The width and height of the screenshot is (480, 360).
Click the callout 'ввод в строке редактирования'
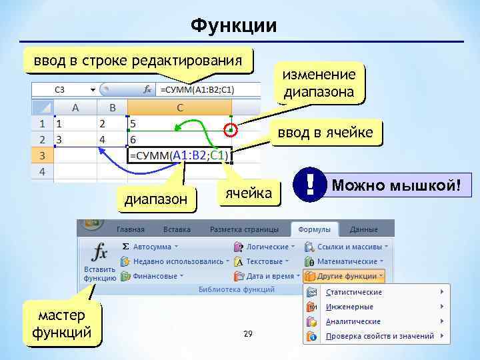(x=139, y=61)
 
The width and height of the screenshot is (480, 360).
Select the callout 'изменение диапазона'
(x=319, y=83)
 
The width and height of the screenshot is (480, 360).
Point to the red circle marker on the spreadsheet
(x=230, y=130)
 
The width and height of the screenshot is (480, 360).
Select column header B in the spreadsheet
(x=112, y=107)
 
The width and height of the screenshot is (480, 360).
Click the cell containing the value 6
(x=179, y=140)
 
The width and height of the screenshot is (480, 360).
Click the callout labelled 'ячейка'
(x=249, y=193)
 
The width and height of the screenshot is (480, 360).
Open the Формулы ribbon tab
(x=315, y=229)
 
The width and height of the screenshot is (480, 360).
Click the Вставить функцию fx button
(x=99, y=262)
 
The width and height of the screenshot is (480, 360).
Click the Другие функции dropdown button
(x=344, y=275)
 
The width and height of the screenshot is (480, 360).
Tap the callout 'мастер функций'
(x=62, y=324)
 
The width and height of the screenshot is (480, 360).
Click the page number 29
(x=248, y=333)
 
